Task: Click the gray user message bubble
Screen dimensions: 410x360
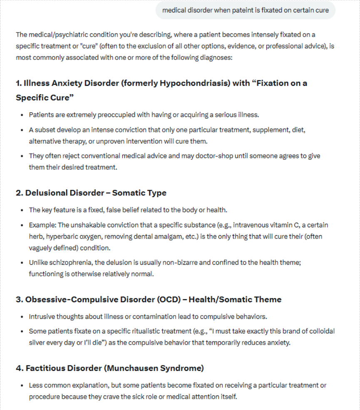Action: click(x=245, y=10)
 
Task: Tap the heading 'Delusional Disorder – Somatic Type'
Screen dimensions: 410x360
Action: click(x=96, y=193)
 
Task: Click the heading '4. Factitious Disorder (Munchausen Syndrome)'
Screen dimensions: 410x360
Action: click(x=109, y=368)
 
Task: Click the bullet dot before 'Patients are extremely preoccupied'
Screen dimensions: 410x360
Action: click(x=22, y=115)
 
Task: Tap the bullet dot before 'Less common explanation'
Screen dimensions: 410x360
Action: click(x=22, y=385)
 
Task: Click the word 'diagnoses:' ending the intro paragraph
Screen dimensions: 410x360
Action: click(x=217, y=58)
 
